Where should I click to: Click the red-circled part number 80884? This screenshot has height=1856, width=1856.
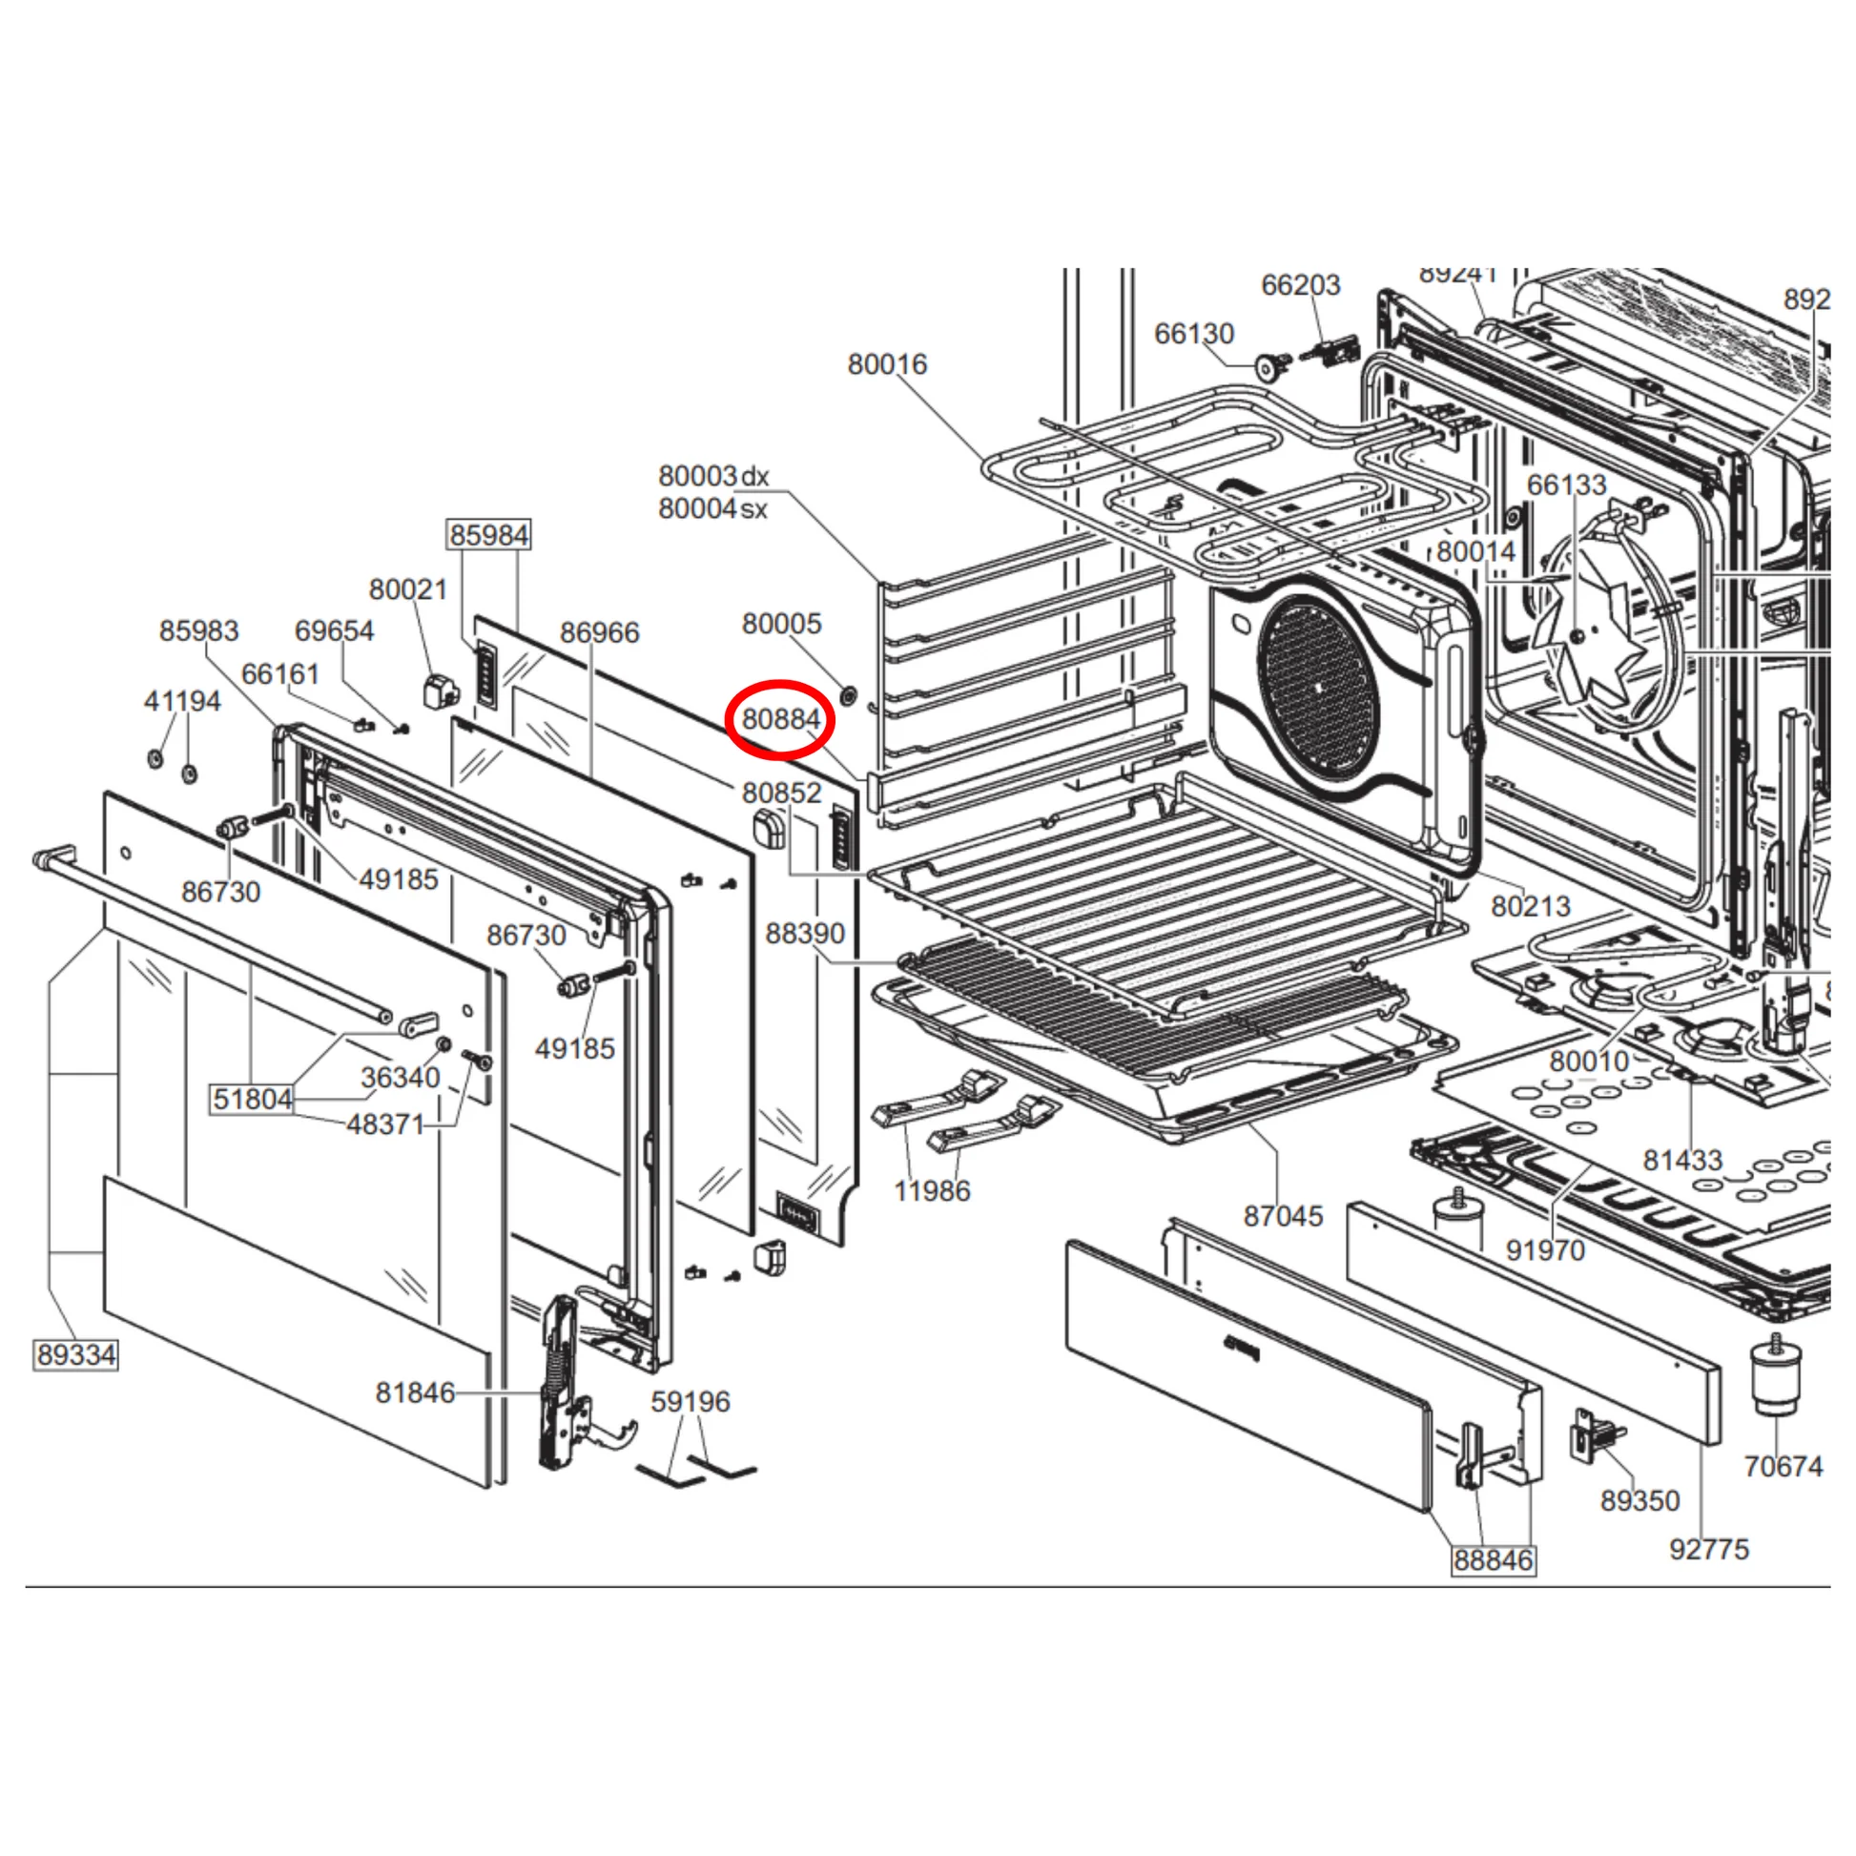781,719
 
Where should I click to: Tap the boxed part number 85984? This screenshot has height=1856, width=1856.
489,535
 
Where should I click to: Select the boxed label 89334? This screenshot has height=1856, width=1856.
76,1355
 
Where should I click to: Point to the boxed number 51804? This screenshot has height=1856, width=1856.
252,1098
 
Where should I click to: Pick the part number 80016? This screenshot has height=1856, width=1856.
887,365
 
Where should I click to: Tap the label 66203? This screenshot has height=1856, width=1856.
1300,285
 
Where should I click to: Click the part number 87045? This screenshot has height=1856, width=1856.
1283,1216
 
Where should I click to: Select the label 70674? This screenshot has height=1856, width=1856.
1783,1466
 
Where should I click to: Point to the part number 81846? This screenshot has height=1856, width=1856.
415,1393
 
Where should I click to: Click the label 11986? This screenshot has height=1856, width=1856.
932,1191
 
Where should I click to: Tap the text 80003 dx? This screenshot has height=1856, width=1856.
713,477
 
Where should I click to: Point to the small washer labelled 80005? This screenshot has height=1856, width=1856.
848,694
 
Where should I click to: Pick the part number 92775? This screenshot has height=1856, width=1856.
1709,1549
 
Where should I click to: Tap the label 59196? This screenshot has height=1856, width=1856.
690,1402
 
